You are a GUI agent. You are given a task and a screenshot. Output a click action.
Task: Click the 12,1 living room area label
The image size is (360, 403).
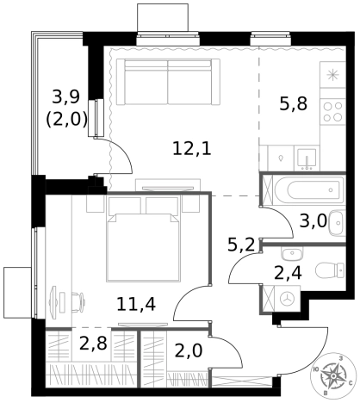coord(192,149)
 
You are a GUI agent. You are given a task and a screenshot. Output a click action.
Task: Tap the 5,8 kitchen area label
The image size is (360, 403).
coord(294,103)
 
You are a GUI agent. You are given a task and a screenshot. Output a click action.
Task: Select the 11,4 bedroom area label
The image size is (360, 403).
coord(136,304)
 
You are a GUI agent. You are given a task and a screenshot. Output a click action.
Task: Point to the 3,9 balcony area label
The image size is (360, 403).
coord(65,96)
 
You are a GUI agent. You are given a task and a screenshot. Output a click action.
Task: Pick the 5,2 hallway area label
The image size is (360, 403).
coord(241,245)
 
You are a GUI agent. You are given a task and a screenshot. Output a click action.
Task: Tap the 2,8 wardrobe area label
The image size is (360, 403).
coord(93,344)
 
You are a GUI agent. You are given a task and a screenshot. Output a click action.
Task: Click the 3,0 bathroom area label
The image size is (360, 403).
coord(313,221)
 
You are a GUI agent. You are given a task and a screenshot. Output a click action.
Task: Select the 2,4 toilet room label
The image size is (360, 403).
coord(288,273)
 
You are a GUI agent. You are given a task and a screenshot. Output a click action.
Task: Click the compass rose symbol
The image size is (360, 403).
coord(333,375)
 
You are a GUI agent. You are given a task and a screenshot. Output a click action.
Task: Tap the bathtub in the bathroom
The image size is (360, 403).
coord(308,189)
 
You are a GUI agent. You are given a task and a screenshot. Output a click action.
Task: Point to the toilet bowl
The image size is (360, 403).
coord(330,270)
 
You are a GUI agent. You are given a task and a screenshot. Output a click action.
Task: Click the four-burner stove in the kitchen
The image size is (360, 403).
coord(333,112)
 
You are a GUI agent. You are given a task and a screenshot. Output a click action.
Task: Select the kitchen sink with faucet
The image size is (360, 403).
coord(307,159)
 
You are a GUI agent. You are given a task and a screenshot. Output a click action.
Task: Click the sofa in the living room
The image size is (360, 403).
coord(168,83)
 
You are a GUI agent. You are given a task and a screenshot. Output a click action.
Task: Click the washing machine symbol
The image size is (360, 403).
coord(288,299)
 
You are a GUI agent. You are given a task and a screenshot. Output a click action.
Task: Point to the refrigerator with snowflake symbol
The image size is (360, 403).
coord(333,75)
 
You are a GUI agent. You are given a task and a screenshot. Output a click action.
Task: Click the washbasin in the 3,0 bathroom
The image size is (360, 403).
coord(338,223)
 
